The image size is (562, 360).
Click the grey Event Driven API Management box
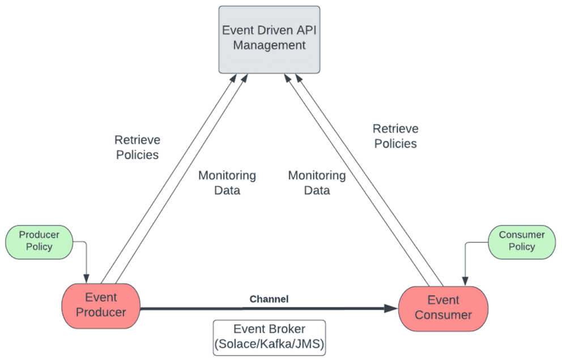pos(269,40)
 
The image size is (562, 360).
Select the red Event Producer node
pos(101,305)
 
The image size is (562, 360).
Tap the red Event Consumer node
pos(443,308)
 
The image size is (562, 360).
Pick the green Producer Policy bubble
pos(39,241)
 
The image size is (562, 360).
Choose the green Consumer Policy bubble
pos(521,241)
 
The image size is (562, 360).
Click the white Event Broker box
pos(269,337)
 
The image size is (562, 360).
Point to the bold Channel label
pos(269,299)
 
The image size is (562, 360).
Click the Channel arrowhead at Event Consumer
pos(392,308)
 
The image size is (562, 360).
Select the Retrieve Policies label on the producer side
pos(137,147)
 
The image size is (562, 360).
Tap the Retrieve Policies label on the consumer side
pos(395,136)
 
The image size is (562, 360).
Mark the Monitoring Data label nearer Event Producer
pos(227,183)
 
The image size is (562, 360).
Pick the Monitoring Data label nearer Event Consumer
pos(317,183)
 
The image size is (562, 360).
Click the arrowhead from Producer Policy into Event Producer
pos(86,278)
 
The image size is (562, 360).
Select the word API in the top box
pos(304,30)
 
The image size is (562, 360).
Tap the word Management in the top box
pos(269,45)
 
